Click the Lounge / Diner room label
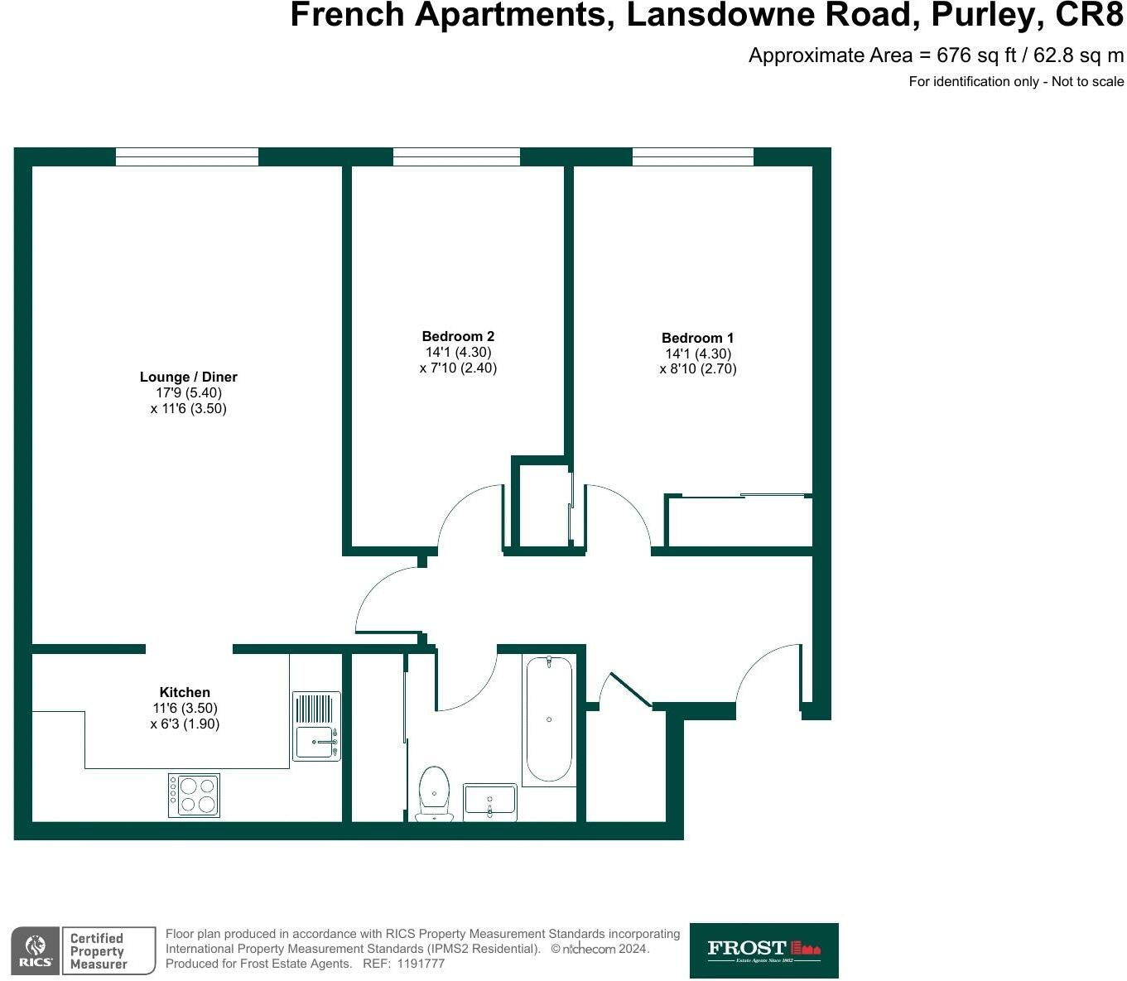(x=188, y=377)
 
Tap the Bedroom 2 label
(x=458, y=336)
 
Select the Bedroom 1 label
(x=697, y=338)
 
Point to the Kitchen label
(x=185, y=692)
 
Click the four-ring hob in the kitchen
(x=194, y=795)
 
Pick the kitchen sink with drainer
(x=316, y=726)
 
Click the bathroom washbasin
(x=489, y=801)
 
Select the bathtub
(x=549, y=719)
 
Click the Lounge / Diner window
(x=187, y=156)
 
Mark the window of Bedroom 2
(x=456, y=156)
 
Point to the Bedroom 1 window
(x=693, y=156)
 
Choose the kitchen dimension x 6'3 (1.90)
(x=185, y=724)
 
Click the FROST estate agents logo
(x=763, y=950)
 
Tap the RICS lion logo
(x=35, y=950)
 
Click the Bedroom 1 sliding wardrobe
(x=739, y=522)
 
